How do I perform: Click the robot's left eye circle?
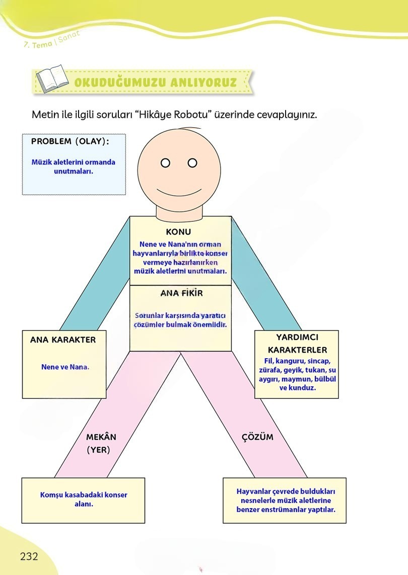165,162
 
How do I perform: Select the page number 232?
29,556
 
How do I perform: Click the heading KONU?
178,232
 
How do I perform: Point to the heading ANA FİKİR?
181,293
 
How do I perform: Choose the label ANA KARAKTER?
63,340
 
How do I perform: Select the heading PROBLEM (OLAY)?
70,141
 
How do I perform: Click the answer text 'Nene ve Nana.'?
65,367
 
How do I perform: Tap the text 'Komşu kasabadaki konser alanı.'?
84,499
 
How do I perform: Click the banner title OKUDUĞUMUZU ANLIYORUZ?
156,82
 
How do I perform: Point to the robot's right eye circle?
192,162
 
